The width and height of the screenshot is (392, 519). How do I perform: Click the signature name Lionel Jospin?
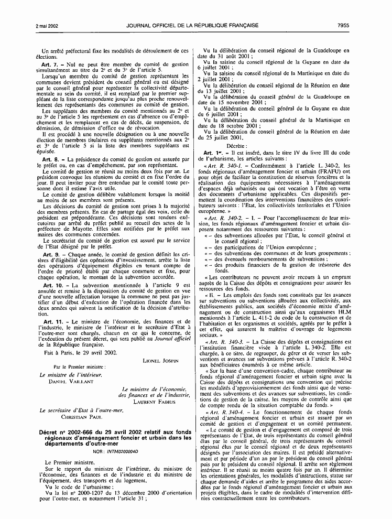tap(160, 361)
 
